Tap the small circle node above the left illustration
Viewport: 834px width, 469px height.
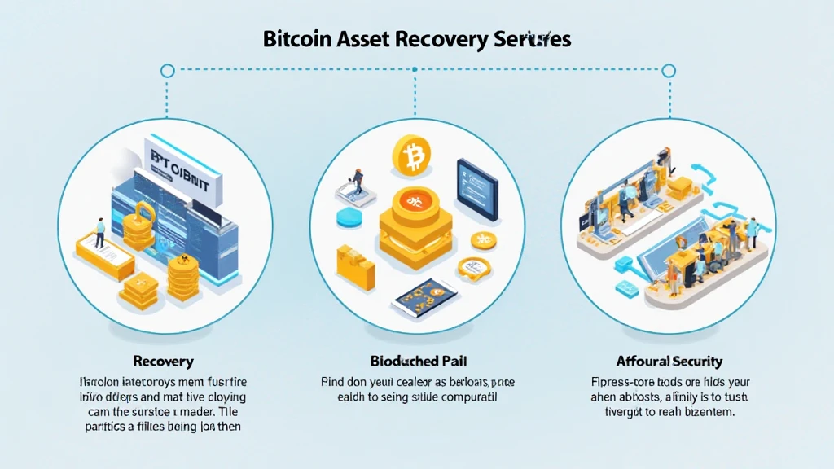pyautogui.click(x=168, y=71)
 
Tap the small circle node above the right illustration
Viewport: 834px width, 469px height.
pyautogui.click(x=669, y=71)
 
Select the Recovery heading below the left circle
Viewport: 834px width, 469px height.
pyautogui.click(x=162, y=360)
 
